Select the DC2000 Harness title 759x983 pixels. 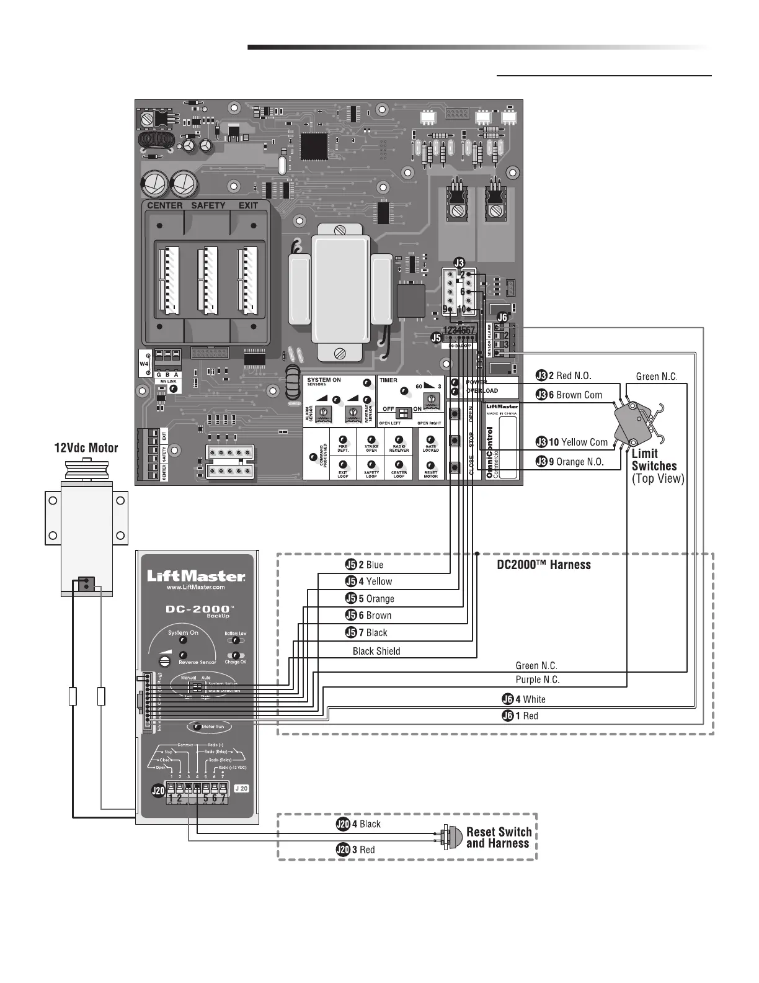tap(544, 565)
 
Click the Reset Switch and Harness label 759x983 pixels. tap(499, 837)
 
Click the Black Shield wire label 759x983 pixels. tap(376, 651)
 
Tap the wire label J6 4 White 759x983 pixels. tap(524, 699)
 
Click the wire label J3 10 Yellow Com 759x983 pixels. tap(572, 442)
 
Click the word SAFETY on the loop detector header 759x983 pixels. tap(208, 205)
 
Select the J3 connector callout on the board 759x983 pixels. tap(459, 263)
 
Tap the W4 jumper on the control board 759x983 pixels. tap(144, 364)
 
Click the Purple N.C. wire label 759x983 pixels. tap(538, 680)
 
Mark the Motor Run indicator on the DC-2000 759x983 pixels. tap(208, 726)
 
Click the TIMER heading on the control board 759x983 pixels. tap(389, 380)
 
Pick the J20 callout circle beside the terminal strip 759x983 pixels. tap(158, 791)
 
